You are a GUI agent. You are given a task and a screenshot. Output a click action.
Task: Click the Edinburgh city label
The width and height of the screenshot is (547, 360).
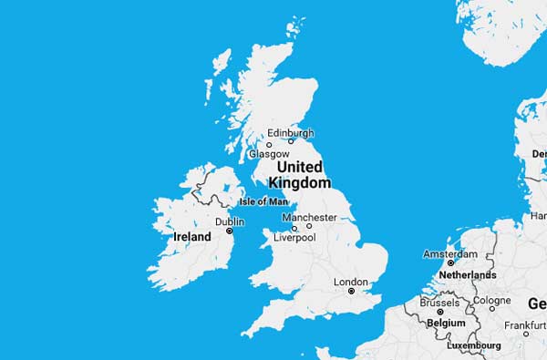[x=290, y=132]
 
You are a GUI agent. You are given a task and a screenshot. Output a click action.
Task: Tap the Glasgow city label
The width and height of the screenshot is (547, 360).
[x=268, y=154]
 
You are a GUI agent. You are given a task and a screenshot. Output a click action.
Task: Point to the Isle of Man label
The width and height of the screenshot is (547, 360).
[x=263, y=201]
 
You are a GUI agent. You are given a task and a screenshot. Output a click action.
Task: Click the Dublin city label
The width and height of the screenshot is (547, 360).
[x=229, y=221]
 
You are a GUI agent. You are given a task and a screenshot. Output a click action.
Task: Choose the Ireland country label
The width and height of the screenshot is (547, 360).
[x=192, y=237]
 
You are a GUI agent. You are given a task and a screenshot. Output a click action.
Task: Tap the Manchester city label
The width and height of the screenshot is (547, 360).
[x=309, y=217]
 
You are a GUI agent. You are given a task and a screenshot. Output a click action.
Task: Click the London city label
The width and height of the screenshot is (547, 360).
[x=351, y=282]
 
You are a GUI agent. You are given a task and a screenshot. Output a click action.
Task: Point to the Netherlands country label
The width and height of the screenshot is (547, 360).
[x=468, y=274]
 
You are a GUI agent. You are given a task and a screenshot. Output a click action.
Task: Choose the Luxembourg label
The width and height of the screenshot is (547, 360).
[x=473, y=345]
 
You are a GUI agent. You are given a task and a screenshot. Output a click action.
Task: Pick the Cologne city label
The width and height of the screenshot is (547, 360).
[x=492, y=300]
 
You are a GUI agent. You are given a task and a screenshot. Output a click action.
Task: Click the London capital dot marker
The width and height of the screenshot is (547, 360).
[x=351, y=292]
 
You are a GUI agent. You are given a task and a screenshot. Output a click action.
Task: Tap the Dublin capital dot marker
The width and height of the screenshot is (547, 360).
[x=230, y=231]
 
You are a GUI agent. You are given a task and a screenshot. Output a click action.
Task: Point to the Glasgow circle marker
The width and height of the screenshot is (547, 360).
[x=269, y=144]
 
